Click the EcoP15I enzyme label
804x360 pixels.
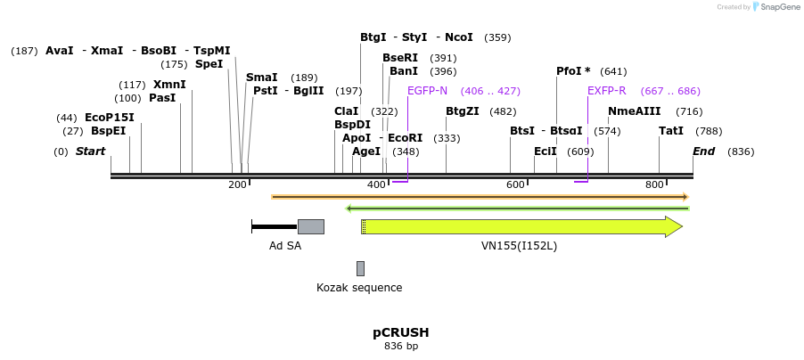tap(109, 118)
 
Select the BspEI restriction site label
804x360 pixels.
tap(108, 131)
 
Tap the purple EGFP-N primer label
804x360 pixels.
tap(427, 91)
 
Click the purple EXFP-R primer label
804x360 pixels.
tap(606, 91)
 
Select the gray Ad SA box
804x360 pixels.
tap(310, 226)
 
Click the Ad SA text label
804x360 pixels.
tap(285, 246)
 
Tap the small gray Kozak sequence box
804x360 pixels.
tap(360, 268)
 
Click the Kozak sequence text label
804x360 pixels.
tap(359, 288)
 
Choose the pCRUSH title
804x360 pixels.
tap(400, 332)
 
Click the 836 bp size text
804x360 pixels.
tap(400, 346)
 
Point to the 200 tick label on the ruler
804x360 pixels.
tap(237, 184)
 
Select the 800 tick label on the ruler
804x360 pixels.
tap(654, 184)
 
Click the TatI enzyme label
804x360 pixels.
tap(671, 131)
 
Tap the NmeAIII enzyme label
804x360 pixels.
tap(634, 111)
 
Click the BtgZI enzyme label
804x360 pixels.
tap(462, 111)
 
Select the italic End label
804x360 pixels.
tap(703, 151)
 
